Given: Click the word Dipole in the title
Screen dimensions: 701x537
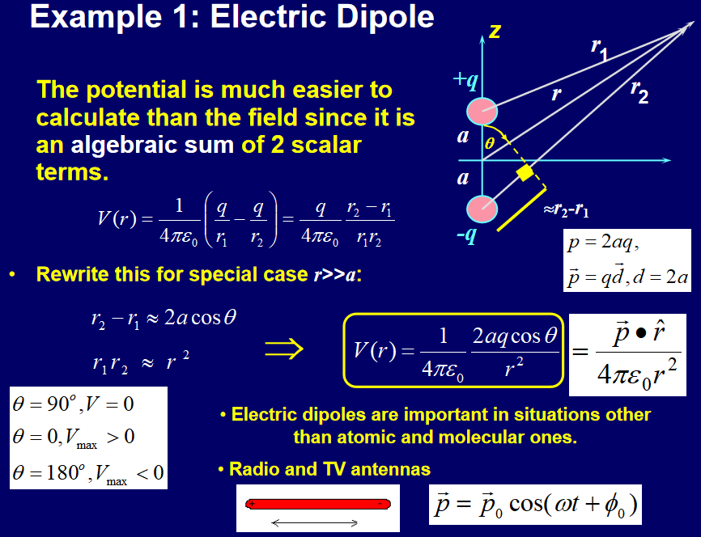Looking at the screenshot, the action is tap(385, 17).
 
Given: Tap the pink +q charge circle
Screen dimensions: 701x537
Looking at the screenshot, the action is tap(482, 112).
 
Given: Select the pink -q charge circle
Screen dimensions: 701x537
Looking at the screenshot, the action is tap(482, 209).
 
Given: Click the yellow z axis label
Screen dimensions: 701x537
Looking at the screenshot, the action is tap(495, 32).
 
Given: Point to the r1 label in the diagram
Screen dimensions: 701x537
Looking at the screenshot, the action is tap(600, 49).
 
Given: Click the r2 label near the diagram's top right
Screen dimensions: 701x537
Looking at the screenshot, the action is tap(639, 91).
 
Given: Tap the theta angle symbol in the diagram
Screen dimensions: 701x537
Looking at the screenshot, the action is tap(490, 143).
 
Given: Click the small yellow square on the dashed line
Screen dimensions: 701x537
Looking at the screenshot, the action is tap(525, 173).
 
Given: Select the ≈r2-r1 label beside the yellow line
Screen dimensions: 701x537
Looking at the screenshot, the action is tap(566, 209).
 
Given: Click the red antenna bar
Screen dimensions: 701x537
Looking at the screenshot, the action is tap(318, 504).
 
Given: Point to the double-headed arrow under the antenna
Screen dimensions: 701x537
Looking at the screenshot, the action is tap(315, 522).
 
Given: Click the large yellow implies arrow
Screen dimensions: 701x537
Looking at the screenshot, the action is tap(284, 349).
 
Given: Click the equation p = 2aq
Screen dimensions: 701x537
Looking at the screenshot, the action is tap(603, 243).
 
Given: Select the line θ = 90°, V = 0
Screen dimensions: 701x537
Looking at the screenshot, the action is tap(74, 404).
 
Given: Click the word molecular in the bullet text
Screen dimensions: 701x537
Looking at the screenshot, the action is tap(463, 437).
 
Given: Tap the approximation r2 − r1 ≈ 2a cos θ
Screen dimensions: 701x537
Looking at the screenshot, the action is tap(164, 319).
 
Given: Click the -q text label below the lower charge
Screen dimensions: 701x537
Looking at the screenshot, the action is tap(467, 235).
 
